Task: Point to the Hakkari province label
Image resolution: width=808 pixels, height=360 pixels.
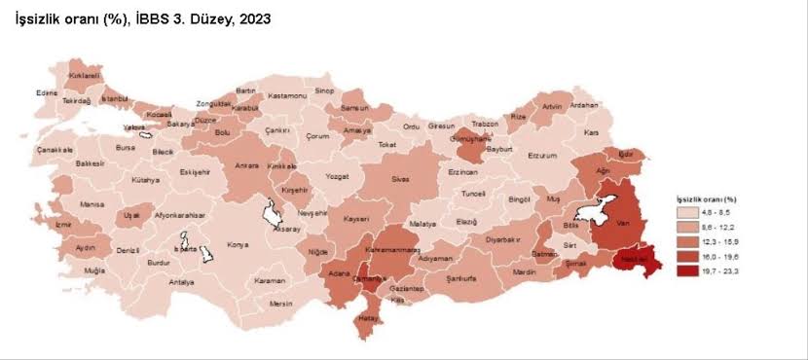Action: pyautogui.click(x=636, y=260)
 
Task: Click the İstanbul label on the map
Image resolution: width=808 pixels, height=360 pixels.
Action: pyautogui.click(x=115, y=98)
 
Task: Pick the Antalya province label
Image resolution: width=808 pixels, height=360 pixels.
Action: pyautogui.click(x=181, y=282)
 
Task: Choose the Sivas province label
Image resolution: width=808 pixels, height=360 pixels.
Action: pyautogui.click(x=401, y=179)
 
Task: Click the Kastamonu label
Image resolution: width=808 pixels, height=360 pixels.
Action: pyautogui.click(x=288, y=95)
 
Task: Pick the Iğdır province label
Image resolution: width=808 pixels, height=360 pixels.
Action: pyautogui.click(x=627, y=154)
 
